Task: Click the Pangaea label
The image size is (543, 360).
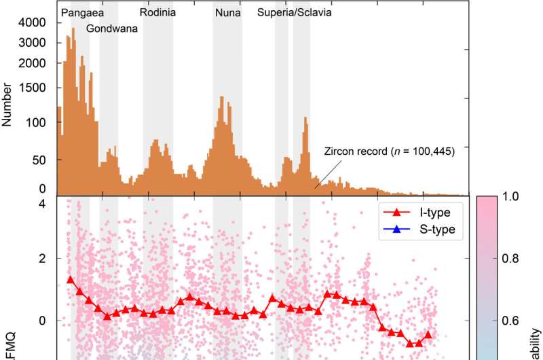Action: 80,12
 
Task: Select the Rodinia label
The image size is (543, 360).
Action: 157,12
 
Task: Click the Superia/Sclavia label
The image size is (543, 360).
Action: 295,12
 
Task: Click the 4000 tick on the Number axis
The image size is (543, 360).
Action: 33,23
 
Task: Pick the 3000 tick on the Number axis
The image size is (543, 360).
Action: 33,43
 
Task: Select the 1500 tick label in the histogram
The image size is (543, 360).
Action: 33,88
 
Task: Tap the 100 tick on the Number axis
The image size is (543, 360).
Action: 35,123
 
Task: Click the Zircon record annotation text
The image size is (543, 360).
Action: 388,151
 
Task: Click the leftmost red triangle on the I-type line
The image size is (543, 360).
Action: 71,280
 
